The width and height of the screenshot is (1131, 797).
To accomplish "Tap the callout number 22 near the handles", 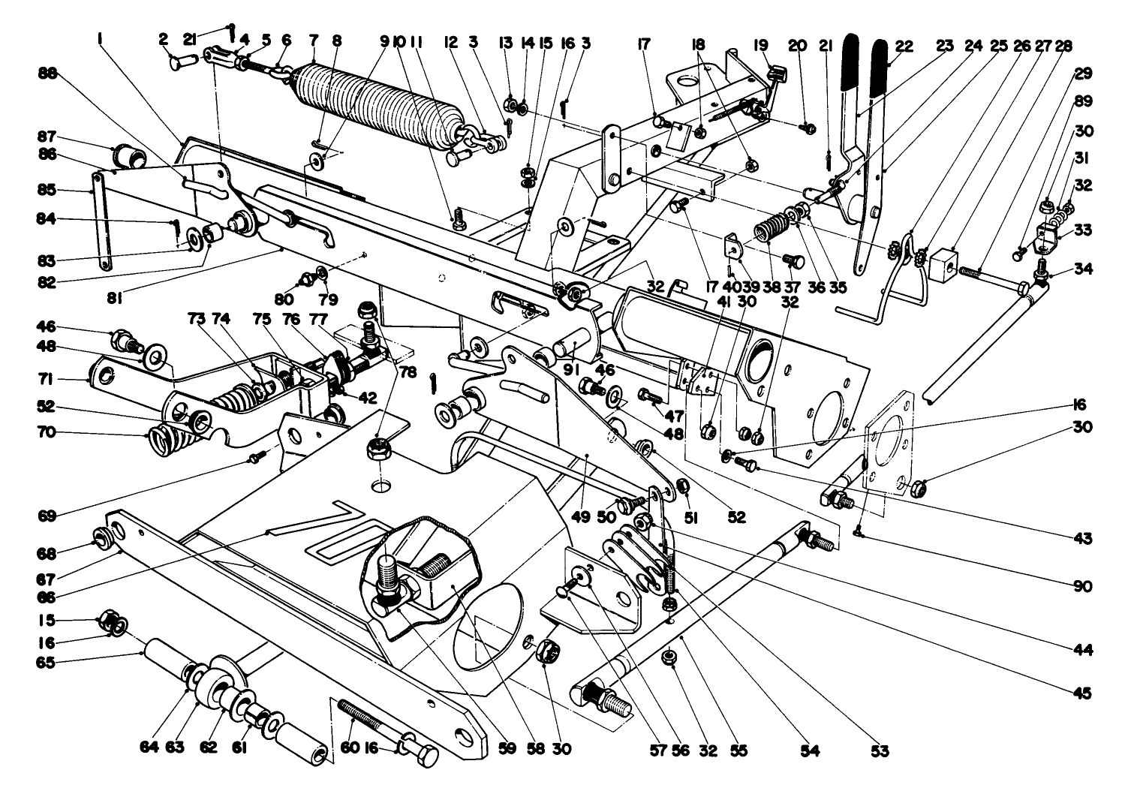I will (903, 46).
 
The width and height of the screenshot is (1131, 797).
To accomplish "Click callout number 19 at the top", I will (766, 46).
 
